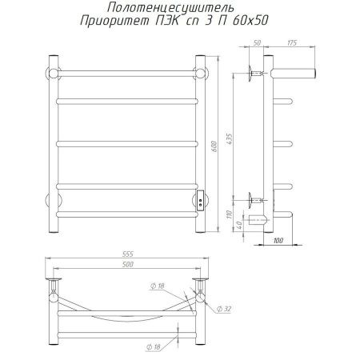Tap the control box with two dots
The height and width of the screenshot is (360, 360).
coord(200,198)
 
